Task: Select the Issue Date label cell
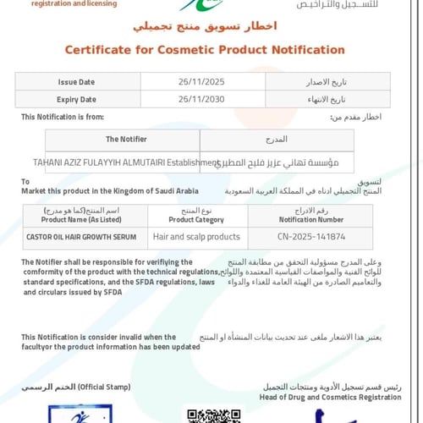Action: pyautogui.click(x=77, y=82)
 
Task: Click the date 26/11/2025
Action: pyautogui.click(x=200, y=82)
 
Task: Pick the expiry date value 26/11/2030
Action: pyautogui.click(x=200, y=100)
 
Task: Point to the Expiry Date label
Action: pyautogui.click(x=77, y=100)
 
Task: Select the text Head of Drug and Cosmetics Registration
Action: pyautogui.click(x=331, y=397)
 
